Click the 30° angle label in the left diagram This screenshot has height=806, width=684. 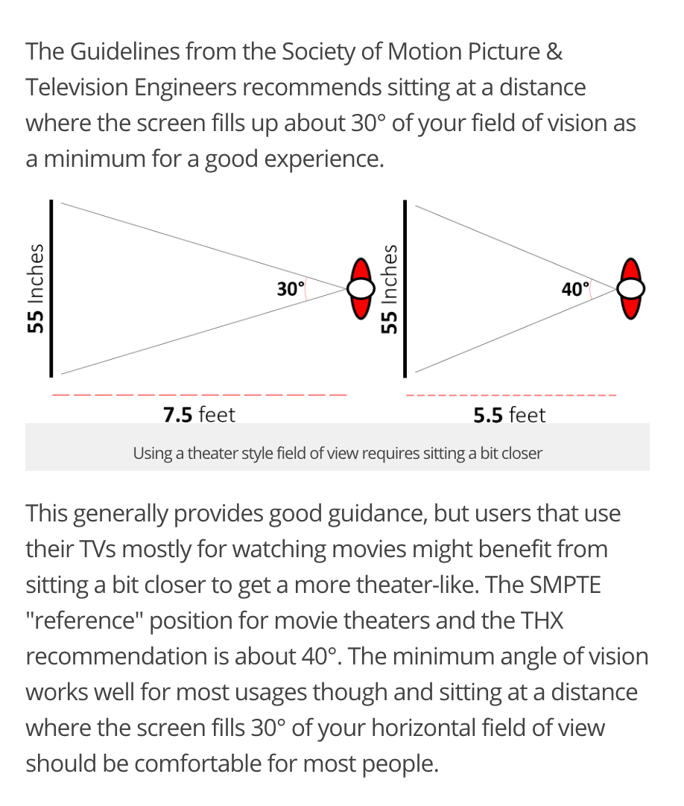coord(291,289)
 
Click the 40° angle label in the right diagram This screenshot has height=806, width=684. coord(575,289)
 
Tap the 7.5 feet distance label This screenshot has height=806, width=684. coord(199,415)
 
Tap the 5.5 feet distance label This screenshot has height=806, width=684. coord(509,415)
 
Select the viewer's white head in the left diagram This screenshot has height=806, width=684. coord(361,288)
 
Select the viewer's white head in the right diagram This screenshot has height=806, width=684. coord(631,288)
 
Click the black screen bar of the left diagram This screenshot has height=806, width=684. coord(51,288)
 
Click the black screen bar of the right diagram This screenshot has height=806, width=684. coord(405,288)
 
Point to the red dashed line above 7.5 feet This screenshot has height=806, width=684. coord(200,395)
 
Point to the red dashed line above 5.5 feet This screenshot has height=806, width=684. coord(511,396)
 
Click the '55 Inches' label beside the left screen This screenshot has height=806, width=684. coord(35,288)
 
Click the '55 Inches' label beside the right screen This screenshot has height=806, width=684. coord(390,288)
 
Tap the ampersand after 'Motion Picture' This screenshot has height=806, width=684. coord(555,52)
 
